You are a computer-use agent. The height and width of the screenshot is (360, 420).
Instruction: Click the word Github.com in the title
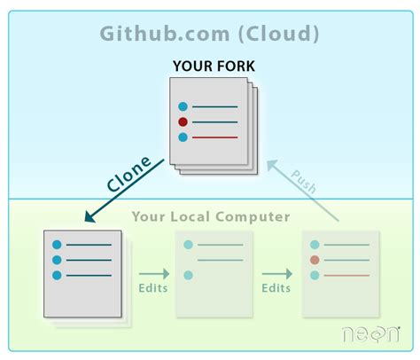[x=165, y=34]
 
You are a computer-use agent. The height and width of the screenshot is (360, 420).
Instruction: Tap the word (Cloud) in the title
[x=278, y=34]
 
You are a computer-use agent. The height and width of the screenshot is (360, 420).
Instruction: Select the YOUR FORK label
[x=214, y=66]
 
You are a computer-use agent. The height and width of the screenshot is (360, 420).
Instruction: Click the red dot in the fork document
[x=183, y=121]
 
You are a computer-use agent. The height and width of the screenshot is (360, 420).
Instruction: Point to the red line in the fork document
[x=214, y=137]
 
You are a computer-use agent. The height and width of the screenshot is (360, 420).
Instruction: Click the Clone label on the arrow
[x=128, y=174]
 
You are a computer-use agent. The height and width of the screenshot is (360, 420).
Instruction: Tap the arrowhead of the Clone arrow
[x=89, y=216]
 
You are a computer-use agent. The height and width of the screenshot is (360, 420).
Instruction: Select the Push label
[x=304, y=182]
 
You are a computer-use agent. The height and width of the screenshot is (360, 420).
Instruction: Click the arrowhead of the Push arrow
[x=272, y=165]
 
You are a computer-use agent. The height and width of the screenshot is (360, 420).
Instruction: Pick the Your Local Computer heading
[x=211, y=216]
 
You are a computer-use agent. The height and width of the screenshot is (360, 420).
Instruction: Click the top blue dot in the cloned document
[x=57, y=245]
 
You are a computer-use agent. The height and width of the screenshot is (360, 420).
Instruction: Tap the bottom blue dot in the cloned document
[x=57, y=276]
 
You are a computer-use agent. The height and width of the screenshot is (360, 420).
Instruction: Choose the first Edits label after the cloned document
[x=153, y=288]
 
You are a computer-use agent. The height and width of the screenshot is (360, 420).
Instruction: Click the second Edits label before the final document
[x=276, y=288]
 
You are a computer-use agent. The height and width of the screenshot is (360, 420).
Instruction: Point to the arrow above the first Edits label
[x=154, y=274]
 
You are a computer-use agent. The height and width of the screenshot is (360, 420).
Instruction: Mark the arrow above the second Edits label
[x=277, y=274]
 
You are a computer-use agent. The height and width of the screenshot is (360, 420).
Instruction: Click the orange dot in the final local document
[x=315, y=260]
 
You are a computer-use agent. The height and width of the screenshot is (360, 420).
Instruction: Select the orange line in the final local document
[x=346, y=276]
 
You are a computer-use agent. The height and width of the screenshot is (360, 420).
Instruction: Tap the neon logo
[x=371, y=334]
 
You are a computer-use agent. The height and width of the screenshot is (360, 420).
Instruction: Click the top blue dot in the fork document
[x=183, y=106]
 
